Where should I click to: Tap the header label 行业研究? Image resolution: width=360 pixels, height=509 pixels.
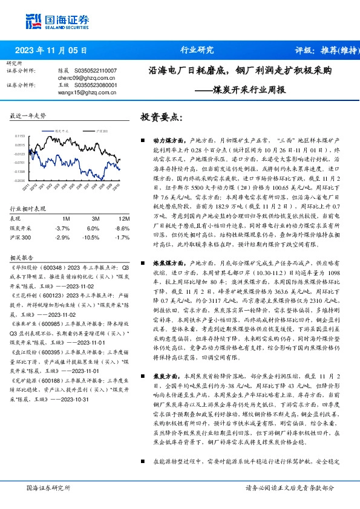(x=197, y=50)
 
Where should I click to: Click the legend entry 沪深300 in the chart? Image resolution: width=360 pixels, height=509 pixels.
(x=101, y=130)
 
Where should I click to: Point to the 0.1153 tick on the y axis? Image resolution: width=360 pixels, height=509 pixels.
(x=19, y=137)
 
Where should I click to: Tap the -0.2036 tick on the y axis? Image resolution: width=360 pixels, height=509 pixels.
(x=19, y=180)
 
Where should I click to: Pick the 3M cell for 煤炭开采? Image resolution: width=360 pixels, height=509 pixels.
(x=92, y=228)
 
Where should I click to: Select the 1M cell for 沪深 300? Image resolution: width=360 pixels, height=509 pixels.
(x=62, y=238)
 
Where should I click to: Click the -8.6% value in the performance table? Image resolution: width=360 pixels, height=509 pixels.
(x=123, y=228)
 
